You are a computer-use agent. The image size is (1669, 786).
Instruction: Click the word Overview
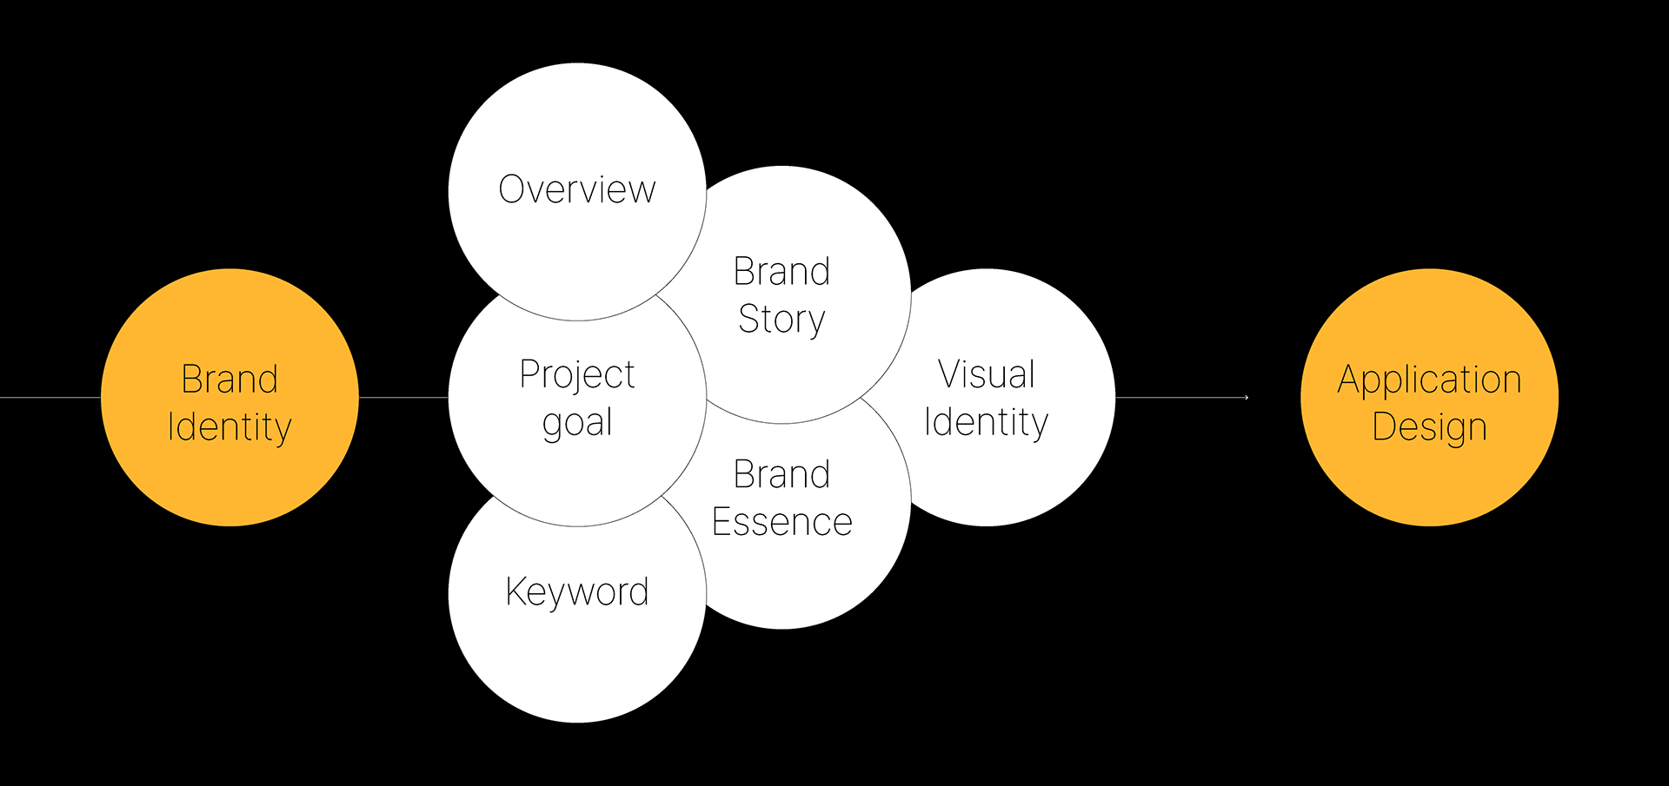577,189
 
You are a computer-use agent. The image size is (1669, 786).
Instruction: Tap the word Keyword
577,591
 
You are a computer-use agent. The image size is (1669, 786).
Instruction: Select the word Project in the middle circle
577,375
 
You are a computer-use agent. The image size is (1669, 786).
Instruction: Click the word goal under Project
577,424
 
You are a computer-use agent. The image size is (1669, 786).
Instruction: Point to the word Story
781,320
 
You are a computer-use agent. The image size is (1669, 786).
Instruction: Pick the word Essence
781,522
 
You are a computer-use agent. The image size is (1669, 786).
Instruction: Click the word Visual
987,375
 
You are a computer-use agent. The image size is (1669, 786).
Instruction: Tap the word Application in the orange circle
1429,380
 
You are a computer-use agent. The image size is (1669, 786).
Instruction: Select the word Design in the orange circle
1429,427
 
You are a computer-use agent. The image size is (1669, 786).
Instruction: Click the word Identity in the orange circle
229,427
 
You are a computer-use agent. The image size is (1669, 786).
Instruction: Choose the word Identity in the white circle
987,423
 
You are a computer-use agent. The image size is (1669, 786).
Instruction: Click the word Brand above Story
781,272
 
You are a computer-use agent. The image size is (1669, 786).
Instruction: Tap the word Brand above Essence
781,475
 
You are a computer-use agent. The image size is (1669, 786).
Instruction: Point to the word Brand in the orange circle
229,380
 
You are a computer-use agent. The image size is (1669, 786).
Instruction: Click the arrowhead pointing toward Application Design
1246,398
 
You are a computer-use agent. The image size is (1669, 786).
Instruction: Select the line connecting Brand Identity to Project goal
403,398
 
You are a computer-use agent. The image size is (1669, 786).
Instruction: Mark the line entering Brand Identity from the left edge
50,398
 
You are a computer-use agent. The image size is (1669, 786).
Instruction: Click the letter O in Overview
512,189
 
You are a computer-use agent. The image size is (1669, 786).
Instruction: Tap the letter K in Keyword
515,591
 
